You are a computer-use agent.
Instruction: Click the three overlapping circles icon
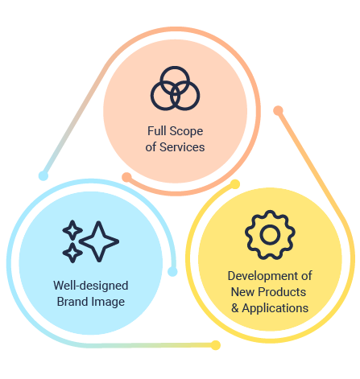pyautogui.click(x=175, y=88)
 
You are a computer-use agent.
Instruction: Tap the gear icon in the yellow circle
pyautogui.click(x=270, y=235)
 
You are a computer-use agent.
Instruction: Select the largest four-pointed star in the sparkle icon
pyautogui.click(x=99, y=241)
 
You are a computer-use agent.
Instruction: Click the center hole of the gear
pyautogui.click(x=270, y=235)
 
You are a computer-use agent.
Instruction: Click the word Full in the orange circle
pyautogui.click(x=156, y=131)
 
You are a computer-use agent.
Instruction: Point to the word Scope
pyautogui.click(x=186, y=131)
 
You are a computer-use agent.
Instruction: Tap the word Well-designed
pyautogui.click(x=91, y=286)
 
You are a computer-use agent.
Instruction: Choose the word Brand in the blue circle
pyautogui.click(x=72, y=302)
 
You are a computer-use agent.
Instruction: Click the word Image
pyautogui.click(x=108, y=303)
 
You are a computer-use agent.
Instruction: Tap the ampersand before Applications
pyautogui.click(x=235, y=308)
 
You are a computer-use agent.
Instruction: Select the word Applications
pyautogui.click(x=275, y=309)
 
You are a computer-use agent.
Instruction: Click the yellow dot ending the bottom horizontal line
pyautogui.click(x=215, y=345)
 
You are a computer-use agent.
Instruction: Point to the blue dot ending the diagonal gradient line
pyautogui.click(x=43, y=176)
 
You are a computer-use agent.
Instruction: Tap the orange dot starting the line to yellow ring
pyautogui.click(x=278, y=110)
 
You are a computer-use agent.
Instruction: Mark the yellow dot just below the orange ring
pyautogui.click(x=235, y=184)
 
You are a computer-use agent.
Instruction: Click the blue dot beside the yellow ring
pyautogui.click(x=172, y=271)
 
